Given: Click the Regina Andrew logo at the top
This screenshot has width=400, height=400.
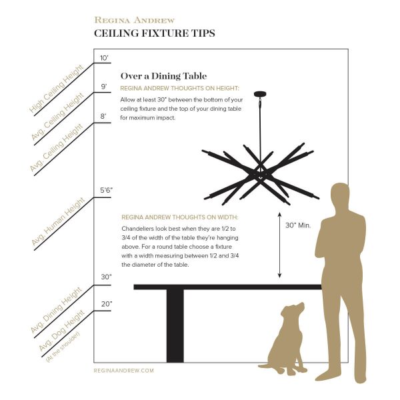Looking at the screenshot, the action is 135,20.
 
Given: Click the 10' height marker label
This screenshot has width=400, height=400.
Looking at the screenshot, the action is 105,58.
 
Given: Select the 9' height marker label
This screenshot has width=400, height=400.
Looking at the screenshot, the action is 104,87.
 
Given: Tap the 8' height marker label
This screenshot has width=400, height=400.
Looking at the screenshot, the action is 103,116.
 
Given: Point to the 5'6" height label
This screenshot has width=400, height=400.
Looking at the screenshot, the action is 106,190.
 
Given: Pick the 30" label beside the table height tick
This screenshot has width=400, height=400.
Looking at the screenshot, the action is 106,277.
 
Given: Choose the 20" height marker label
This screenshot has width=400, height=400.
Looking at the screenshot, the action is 107,304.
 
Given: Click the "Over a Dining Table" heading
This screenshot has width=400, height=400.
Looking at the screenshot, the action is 163,76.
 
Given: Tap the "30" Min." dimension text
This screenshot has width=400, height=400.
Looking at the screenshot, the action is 298,225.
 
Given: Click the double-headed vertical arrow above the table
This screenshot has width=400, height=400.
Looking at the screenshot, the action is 279,245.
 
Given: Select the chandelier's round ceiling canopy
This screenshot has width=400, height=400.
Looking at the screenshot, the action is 260,94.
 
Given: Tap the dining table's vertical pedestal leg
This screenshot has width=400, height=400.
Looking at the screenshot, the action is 175,326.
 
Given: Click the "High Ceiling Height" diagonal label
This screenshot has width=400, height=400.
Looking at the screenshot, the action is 57,89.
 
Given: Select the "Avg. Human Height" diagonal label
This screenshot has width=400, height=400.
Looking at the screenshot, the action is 58,221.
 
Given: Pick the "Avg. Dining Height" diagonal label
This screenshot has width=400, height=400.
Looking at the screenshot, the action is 56,310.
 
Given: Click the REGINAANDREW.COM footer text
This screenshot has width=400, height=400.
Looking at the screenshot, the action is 124,371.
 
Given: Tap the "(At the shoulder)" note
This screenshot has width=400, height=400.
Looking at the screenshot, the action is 63,347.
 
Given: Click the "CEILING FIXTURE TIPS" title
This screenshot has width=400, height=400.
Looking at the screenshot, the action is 155,33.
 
